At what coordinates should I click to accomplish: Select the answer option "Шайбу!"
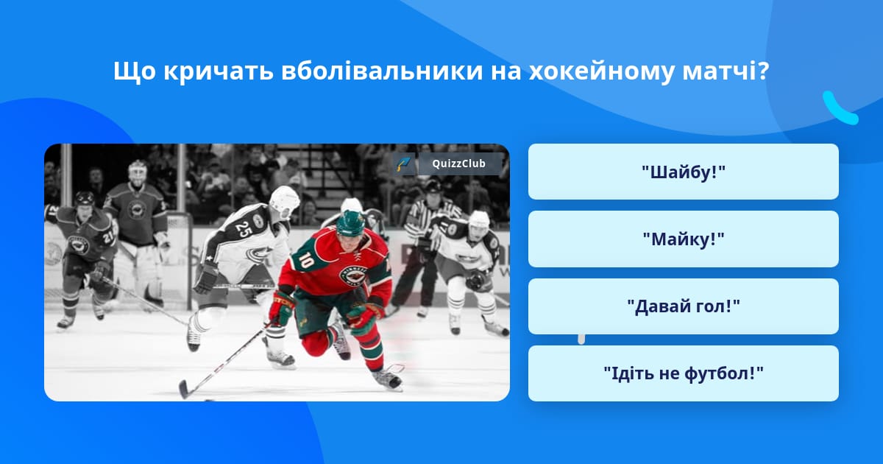(x=683, y=172)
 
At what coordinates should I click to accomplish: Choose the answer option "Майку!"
(x=683, y=239)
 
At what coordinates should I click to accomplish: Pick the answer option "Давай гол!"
(x=683, y=306)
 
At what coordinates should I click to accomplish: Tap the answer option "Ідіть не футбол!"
(x=683, y=373)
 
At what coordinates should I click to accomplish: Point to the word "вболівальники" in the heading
(x=382, y=71)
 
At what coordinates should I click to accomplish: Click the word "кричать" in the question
(x=219, y=72)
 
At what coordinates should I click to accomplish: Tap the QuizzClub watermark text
(x=458, y=164)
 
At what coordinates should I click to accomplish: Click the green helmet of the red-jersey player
(x=350, y=223)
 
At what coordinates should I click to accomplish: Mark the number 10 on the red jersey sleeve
(x=306, y=261)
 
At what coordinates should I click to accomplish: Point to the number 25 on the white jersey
(x=244, y=228)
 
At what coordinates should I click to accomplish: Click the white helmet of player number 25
(x=285, y=200)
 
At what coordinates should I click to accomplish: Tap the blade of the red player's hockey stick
(x=186, y=390)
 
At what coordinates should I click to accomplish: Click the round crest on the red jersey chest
(x=354, y=275)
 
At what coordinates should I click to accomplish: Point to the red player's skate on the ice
(x=388, y=379)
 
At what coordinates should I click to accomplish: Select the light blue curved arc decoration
(x=840, y=108)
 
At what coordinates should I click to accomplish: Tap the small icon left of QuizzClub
(x=404, y=164)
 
